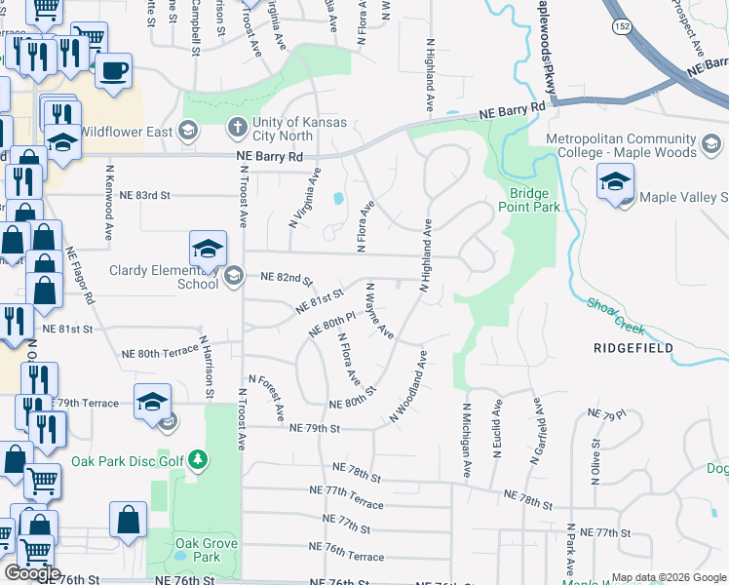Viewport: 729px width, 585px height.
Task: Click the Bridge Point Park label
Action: click(x=528, y=199)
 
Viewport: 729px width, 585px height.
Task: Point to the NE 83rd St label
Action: click(x=144, y=195)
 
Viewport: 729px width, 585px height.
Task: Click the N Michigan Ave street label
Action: click(x=467, y=441)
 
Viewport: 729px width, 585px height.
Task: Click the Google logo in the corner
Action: click(x=32, y=572)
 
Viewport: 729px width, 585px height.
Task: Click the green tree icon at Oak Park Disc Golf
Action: click(x=198, y=458)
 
